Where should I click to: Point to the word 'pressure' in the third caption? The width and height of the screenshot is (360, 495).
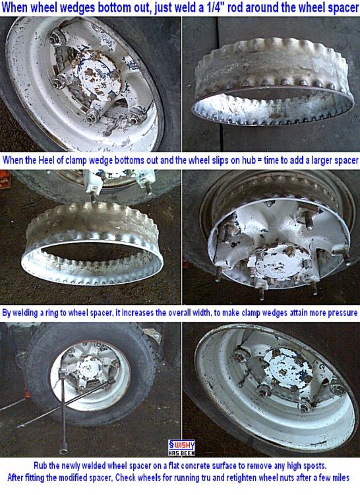point(343,313)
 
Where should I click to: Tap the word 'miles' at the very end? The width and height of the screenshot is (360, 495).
point(340,478)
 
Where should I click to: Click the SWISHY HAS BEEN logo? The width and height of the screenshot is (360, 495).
point(181,448)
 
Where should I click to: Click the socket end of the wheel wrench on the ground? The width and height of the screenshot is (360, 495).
point(64,451)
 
